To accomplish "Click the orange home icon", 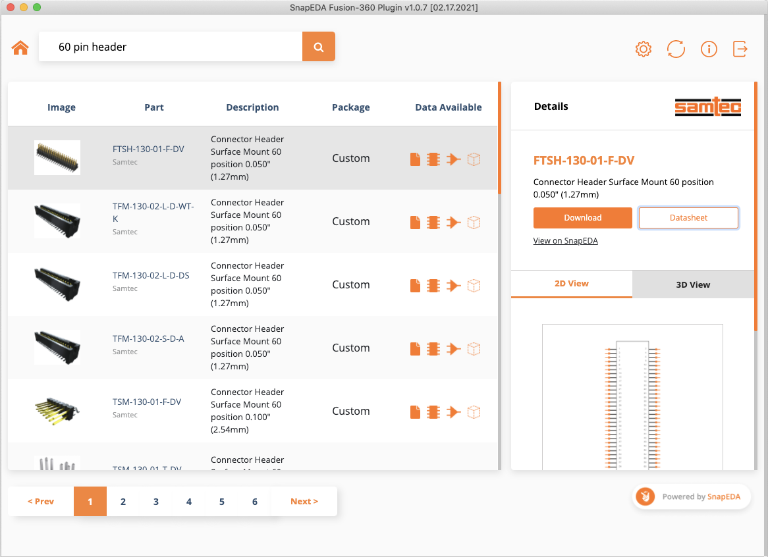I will click(20, 47).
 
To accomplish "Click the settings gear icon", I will click(643, 49).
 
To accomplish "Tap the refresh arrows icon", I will click(676, 49).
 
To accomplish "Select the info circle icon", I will click(709, 49).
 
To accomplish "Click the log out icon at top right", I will click(740, 49).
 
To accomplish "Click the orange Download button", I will click(582, 218).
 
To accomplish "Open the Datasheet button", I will click(688, 218).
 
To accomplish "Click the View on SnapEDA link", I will click(565, 241).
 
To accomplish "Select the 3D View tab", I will click(693, 284).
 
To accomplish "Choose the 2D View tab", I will click(571, 284).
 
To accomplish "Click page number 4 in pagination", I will click(189, 502).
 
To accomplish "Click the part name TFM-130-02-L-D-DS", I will click(151, 275).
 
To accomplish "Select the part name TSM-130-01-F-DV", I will click(147, 402).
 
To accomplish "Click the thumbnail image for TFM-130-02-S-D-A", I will click(57, 347).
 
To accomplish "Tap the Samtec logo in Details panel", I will click(708, 107).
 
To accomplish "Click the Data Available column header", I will click(448, 107).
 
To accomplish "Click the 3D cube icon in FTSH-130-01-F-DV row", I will click(474, 159).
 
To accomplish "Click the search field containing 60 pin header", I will click(170, 47).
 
